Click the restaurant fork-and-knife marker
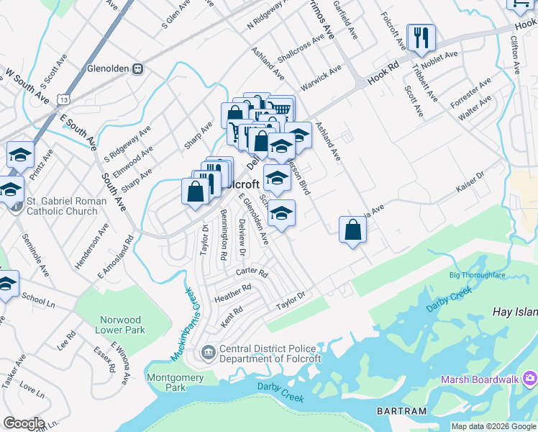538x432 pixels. [x=421, y=37]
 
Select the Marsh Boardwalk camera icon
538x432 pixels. [x=530, y=377]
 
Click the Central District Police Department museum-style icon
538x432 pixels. [x=208, y=352]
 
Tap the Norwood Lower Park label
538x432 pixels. [x=120, y=325]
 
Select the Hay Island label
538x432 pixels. [x=514, y=312]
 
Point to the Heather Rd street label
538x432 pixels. [x=232, y=292]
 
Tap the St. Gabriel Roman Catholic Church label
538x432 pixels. [x=62, y=206]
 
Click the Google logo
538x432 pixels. [x=23, y=423]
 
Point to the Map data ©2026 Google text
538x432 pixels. [x=493, y=426]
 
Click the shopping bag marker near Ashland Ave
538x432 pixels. [x=352, y=230]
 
